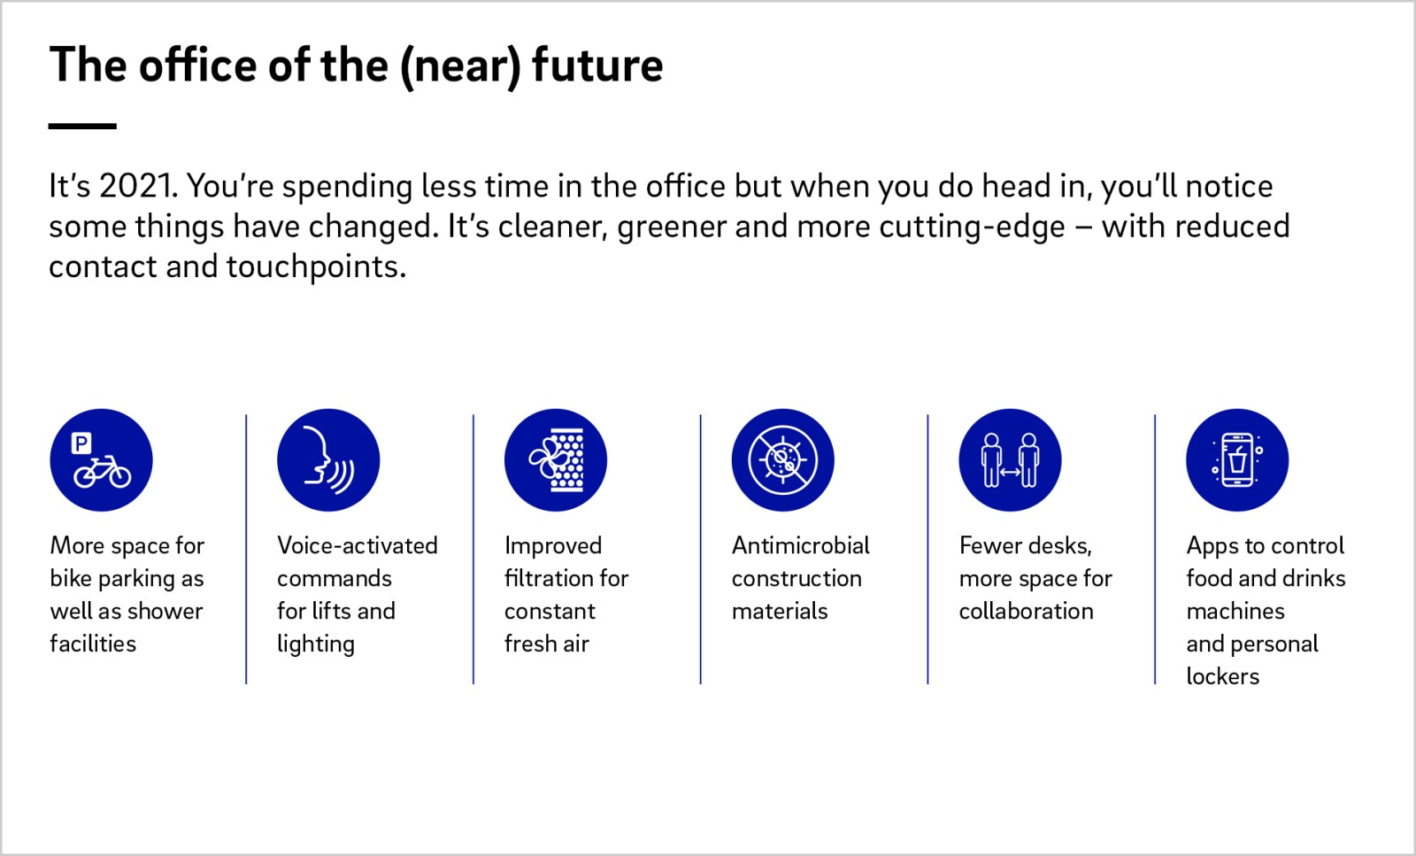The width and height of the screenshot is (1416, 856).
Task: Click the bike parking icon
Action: (101, 459)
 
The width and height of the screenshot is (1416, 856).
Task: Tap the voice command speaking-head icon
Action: (328, 459)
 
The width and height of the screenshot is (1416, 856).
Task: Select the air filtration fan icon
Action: (556, 459)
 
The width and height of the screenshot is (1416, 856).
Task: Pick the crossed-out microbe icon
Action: (782, 459)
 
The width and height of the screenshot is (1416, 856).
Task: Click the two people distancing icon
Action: (1010, 459)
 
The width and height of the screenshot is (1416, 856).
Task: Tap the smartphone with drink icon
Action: (1237, 459)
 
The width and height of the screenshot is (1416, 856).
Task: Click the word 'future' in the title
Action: (597, 65)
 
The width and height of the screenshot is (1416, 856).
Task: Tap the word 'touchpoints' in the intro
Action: (316, 267)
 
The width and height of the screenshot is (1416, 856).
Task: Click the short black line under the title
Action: (82, 127)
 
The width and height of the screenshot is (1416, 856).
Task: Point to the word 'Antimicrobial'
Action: (800, 545)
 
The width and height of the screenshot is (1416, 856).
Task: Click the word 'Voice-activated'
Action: (358, 545)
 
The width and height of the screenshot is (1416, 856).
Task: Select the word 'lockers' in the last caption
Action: (1222, 676)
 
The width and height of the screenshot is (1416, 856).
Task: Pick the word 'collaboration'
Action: (1026, 611)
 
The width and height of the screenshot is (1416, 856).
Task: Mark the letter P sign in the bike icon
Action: (81, 443)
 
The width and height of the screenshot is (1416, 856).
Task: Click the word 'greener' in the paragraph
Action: (672, 227)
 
